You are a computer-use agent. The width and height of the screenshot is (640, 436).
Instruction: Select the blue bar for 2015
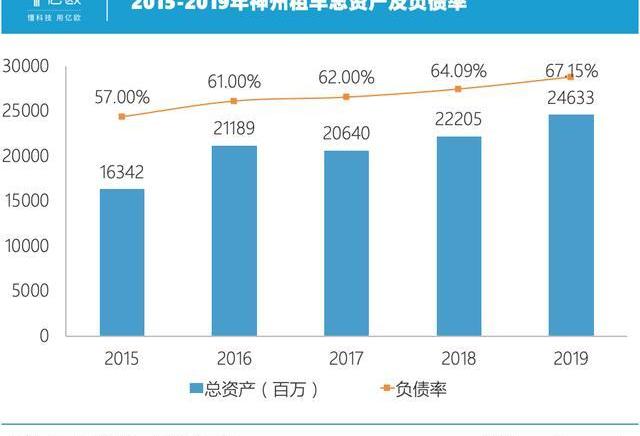(x=121, y=262)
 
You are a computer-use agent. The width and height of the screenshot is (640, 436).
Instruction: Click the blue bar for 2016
(x=233, y=241)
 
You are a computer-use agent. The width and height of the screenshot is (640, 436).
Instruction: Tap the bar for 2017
(x=346, y=243)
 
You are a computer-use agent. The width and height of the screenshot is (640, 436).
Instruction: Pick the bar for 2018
(x=458, y=236)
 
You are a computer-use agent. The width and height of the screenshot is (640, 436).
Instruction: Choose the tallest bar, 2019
(x=570, y=225)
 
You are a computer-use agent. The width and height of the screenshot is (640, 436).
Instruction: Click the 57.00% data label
(x=122, y=97)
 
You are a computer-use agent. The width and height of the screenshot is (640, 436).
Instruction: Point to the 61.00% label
(x=233, y=81)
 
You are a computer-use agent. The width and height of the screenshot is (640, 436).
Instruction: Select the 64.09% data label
(x=459, y=70)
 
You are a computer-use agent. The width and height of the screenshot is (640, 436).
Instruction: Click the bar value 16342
(x=121, y=170)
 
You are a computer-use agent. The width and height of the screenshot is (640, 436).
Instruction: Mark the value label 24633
(x=570, y=98)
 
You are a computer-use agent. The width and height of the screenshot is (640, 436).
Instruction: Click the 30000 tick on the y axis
(x=27, y=66)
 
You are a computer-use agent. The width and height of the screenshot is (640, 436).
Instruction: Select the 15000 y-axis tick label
(x=27, y=201)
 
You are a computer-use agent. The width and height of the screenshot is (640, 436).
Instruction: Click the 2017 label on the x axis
(x=346, y=358)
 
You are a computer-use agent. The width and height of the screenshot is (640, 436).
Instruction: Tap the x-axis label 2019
(x=570, y=358)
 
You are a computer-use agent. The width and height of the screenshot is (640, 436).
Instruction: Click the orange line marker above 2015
(x=122, y=117)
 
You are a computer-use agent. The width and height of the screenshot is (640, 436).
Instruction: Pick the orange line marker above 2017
(x=346, y=97)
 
